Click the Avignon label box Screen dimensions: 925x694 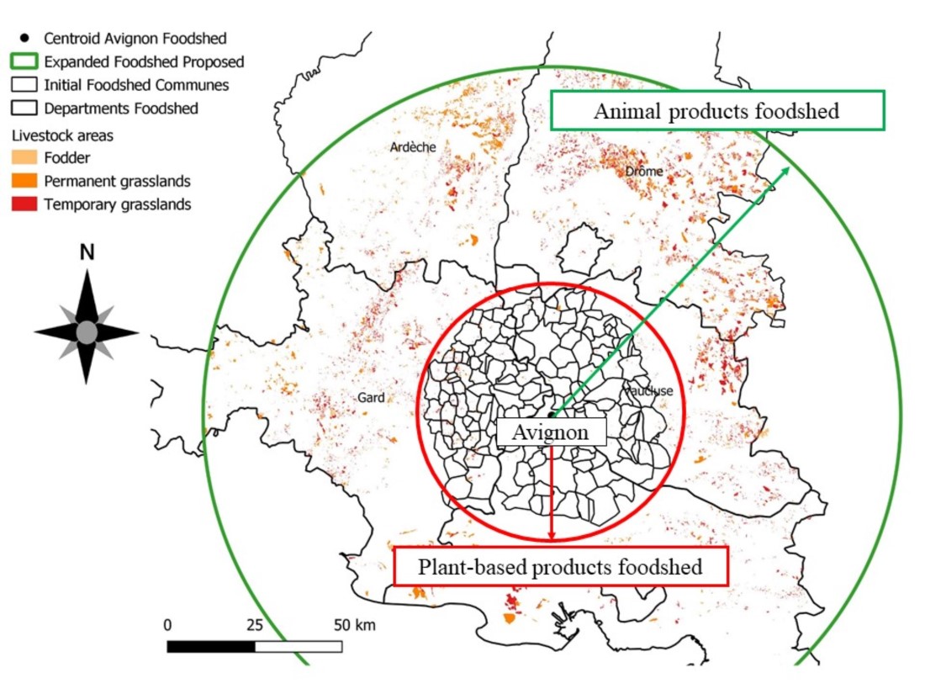[x=552, y=432]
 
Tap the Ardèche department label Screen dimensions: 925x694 [x=413, y=147]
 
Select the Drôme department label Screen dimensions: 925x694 [x=644, y=172]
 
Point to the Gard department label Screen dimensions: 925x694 [x=371, y=398]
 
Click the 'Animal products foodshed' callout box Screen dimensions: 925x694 [x=716, y=111]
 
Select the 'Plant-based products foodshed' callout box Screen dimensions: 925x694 [x=560, y=567]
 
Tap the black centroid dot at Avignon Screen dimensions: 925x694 [x=551, y=415]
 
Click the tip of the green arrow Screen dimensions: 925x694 [x=789, y=167]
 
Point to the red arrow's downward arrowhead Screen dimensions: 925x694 [x=552, y=537]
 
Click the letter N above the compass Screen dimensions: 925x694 [x=87, y=252]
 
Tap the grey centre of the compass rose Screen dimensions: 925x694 [x=87, y=332]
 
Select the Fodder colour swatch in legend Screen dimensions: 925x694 [x=24, y=157]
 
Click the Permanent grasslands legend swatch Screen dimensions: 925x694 [x=24, y=181]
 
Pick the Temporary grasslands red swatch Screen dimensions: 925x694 [x=24, y=204]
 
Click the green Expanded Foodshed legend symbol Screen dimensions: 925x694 [x=24, y=61]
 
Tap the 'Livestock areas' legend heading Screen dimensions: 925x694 [x=61, y=135]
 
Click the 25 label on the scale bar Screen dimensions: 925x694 [x=255, y=625]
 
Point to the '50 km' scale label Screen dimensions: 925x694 [x=354, y=625]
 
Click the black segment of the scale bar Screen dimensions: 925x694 [x=211, y=646]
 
